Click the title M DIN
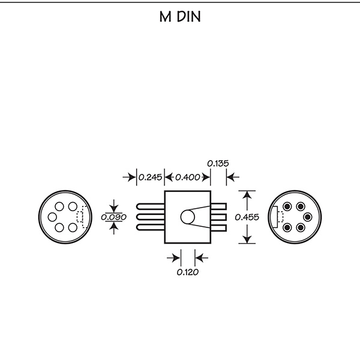point(180,17)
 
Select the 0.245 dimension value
point(151,177)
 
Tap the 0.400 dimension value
point(188,177)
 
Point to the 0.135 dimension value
point(218,163)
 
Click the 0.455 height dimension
point(247,217)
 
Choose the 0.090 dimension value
point(113,217)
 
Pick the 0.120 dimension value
point(188,272)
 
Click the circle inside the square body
point(188,217)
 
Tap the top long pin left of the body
point(151,206)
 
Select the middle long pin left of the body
point(151,217)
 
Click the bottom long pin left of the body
point(151,227)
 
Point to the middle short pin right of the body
point(218,217)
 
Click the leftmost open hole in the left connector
point(52,217)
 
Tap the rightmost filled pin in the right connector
point(308,217)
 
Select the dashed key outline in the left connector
point(82,217)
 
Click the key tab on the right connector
point(275,217)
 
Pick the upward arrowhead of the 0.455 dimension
point(247,194)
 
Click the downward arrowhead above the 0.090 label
point(114,209)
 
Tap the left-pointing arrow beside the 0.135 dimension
point(233,177)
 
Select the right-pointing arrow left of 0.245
point(130,177)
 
